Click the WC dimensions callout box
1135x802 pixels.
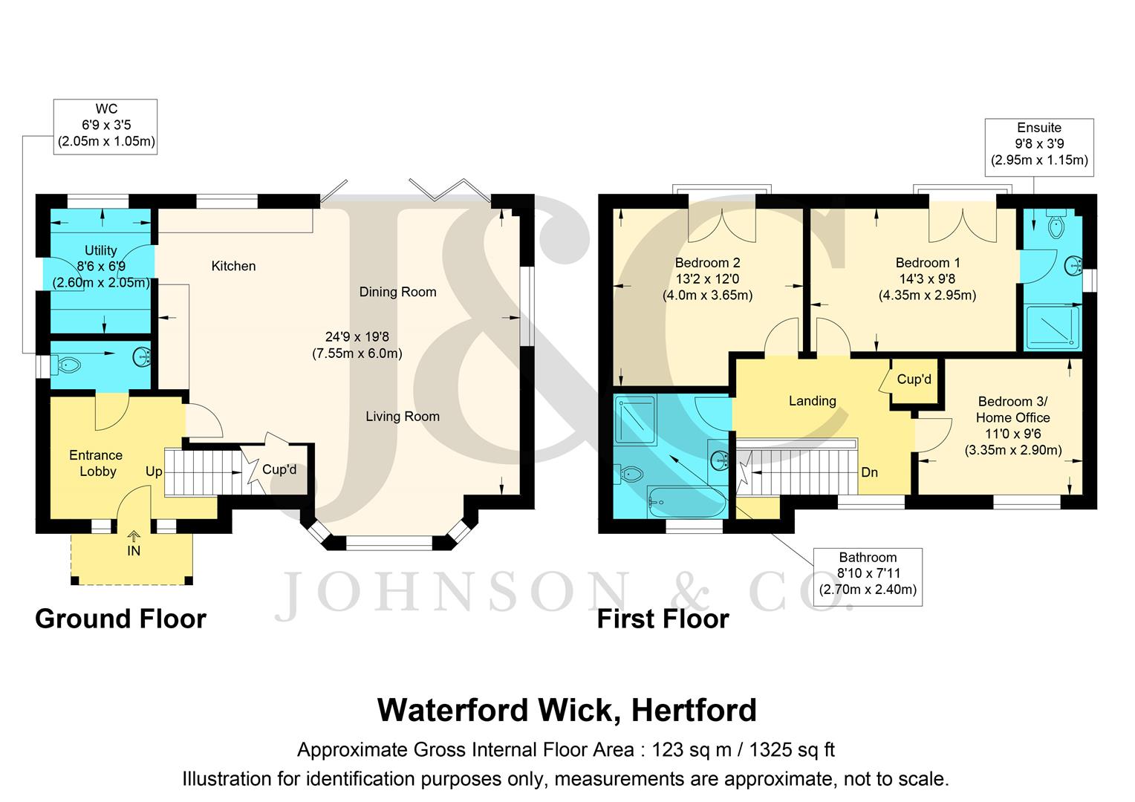[105, 126]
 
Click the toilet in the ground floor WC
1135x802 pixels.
[67, 365]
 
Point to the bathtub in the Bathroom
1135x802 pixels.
[686, 503]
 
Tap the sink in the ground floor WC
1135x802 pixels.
[142, 357]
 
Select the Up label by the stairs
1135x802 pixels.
[154, 472]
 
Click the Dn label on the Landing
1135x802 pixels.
[869, 472]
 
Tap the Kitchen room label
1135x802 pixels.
[233, 266]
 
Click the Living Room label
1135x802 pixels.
[402, 417]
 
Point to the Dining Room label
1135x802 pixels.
[397, 292]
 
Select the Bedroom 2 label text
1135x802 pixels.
[707, 263]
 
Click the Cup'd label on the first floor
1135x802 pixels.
[914, 379]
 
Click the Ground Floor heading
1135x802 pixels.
[120, 619]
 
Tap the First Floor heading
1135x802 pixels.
[663, 619]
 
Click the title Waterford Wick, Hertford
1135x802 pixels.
[567, 710]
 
